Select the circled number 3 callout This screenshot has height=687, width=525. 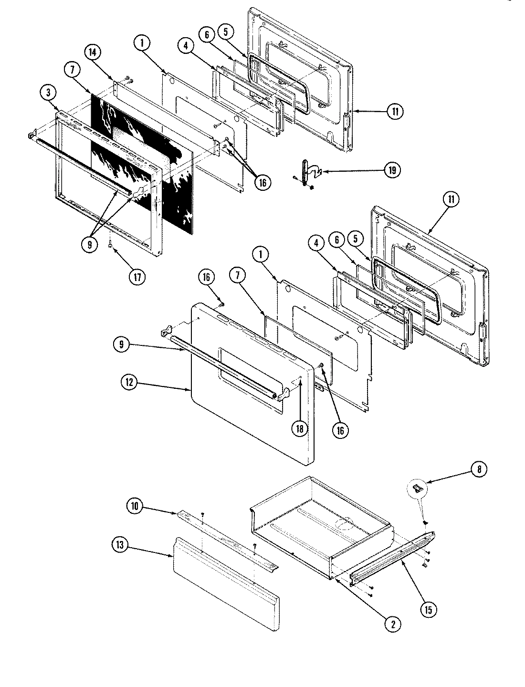click(x=48, y=94)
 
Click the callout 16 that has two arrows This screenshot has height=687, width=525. click(x=262, y=182)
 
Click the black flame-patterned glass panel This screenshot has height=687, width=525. click(x=143, y=157)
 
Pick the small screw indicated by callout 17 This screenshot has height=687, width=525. click(x=110, y=246)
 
